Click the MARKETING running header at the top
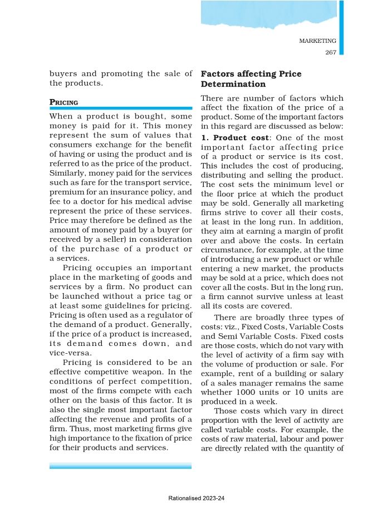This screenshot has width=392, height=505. click(317, 41)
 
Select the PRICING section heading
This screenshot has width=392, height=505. click(63, 102)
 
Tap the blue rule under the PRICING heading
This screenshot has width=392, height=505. click(120, 108)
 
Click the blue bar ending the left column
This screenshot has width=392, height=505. click(120, 466)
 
